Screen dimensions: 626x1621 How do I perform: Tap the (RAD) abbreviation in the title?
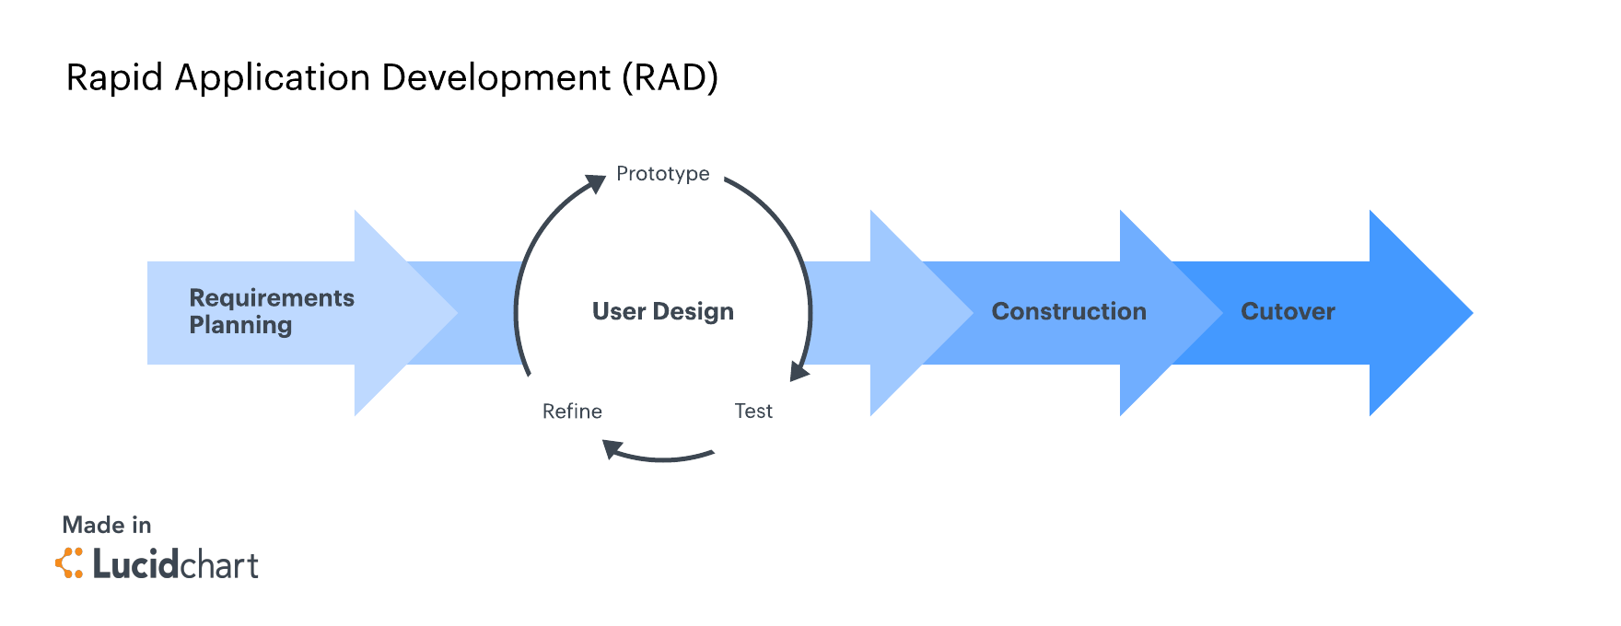click(x=670, y=78)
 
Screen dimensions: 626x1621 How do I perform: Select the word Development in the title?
click(x=496, y=78)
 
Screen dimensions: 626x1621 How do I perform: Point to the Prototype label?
click(x=662, y=174)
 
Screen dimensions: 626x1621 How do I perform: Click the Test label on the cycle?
click(x=752, y=412)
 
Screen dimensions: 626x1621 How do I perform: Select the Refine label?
click(x=572, y=412)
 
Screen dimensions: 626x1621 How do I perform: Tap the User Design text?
click(x=662, y=312)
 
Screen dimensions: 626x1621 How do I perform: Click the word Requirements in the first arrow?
click(x=272, y=298)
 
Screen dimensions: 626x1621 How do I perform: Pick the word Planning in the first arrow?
click(x=240, y=325)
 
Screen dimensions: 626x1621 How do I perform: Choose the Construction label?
click(x=1068, y=312)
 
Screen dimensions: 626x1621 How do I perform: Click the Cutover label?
click(x=1288, y=312)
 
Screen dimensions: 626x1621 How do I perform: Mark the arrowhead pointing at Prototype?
click(x=597, y=182)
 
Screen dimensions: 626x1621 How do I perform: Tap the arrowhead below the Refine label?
click(x=612, y=448)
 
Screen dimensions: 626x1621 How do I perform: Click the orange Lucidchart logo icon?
click(x=69, y=563)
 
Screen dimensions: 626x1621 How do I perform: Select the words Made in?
click(x=107, y=526)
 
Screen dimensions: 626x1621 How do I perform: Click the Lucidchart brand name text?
click(x=175, y=564)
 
